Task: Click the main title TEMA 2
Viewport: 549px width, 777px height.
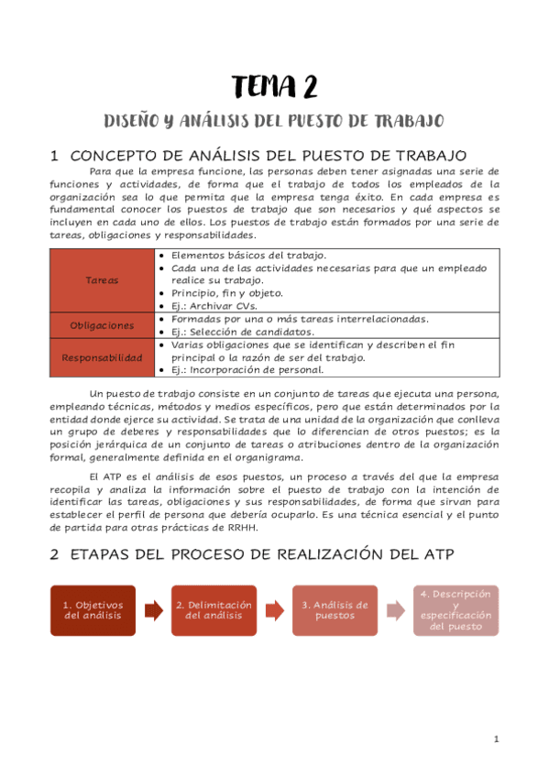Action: click(274, 87)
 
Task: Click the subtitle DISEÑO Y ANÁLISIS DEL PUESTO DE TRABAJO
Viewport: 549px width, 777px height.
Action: click(274, 121)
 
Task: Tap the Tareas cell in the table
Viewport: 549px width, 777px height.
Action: click(102, 279)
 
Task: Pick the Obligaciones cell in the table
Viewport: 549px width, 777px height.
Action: click(102, 325)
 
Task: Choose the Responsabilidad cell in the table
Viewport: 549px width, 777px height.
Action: click(102, 357)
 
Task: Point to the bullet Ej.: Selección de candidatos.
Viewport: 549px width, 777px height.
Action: click(237, 332)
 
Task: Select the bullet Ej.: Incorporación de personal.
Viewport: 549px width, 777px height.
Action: click(243, 370)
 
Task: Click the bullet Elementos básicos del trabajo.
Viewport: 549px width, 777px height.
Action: click(236, 255)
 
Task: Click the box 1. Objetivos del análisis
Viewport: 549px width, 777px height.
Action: click(93, 610)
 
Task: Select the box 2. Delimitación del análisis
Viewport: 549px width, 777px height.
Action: click(214, 610)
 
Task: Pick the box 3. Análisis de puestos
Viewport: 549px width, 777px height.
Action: click(335, 610)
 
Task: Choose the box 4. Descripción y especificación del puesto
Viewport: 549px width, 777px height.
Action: click(456, 610)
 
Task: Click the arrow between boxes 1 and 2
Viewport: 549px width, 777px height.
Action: click(153, 610)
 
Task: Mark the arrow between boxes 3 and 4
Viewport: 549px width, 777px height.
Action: click(395, 610)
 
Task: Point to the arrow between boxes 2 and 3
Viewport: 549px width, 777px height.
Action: click(274, 610)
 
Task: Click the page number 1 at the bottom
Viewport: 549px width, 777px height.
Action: click(496, 739)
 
